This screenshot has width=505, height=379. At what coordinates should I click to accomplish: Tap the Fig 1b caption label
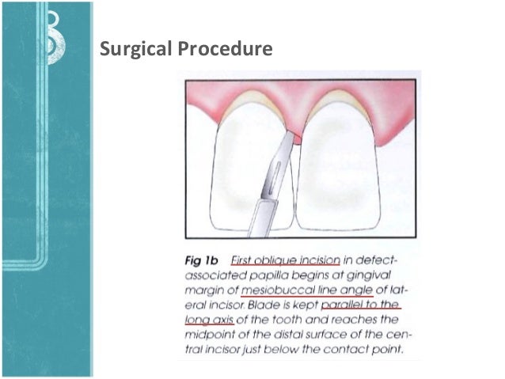tap(199, 260)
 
